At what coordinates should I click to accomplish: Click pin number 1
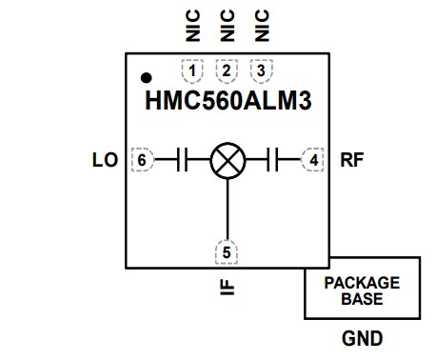pyautogui.click(x=193, y=70)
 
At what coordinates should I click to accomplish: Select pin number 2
pyautogui.click(x=227, y=70)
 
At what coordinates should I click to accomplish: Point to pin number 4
pyautogui.click(x=314, y=160)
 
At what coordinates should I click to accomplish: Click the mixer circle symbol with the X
pyautogui.click(x=227, y=160)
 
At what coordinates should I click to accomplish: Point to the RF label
pyautogui.click(x=352, y=160)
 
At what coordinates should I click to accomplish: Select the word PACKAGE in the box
pyautogui.click(x=362, y=283)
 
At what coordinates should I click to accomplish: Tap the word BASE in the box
pyautogui.click(x=362, y=298)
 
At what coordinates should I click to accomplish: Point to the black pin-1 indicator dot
pyautogui.click(x=146, y=76)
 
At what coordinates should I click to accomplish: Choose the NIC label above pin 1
pyautogui.click(x=193, y=26)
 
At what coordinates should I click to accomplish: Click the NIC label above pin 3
pyautogui.click(x=260, y=26)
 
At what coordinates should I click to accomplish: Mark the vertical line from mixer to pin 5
pyautogui.click(x=227, y=208)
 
